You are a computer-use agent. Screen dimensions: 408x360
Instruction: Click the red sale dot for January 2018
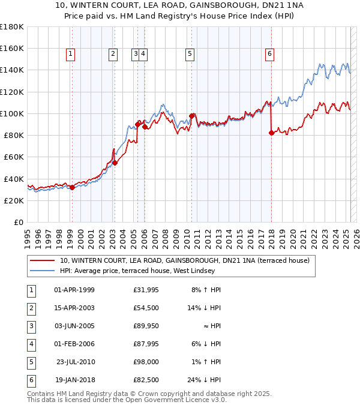[271, 133]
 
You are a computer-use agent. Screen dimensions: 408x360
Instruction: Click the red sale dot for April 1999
[72, 187]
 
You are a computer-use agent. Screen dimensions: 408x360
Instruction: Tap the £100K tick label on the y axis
[11, 113]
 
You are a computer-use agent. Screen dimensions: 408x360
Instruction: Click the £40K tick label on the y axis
[14, 179]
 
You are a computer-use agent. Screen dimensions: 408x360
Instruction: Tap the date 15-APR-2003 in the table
[74, 308]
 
